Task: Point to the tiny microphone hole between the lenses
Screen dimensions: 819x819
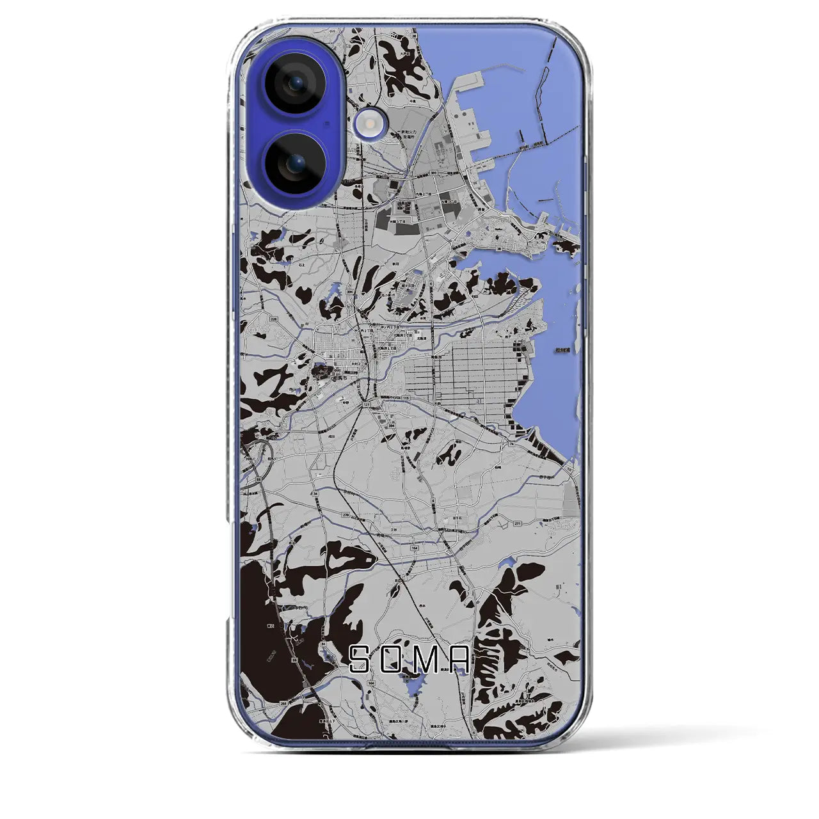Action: coord(326,123)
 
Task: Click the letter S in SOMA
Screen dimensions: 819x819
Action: coord(360,658)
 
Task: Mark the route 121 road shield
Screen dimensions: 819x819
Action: coord(367,404)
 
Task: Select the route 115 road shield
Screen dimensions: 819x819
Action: coord(406,399)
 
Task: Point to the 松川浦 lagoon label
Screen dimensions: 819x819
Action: coord(563,350)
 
